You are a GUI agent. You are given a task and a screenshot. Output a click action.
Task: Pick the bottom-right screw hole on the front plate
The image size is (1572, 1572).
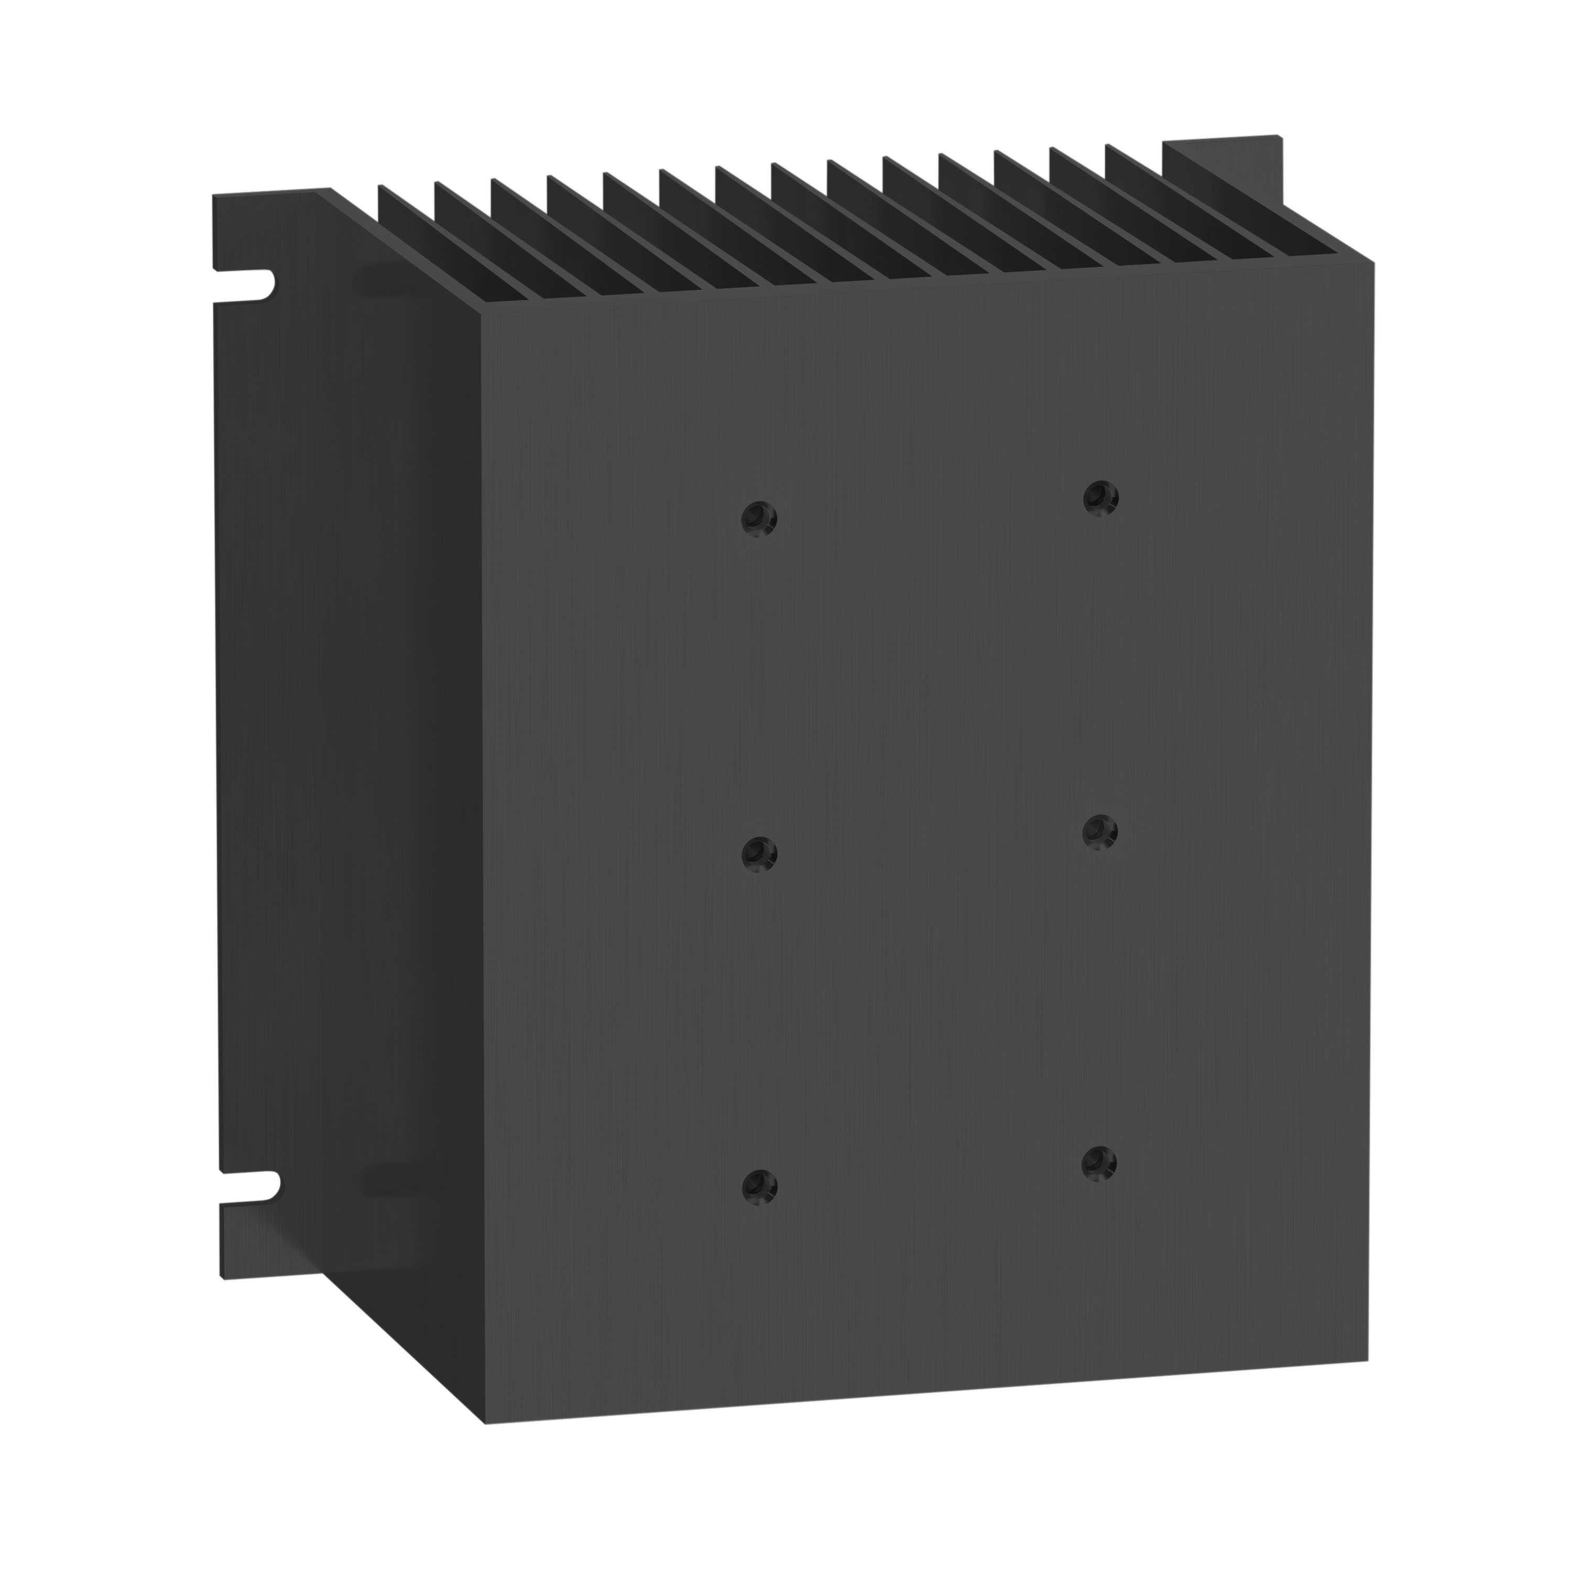click(x=1099, y=1163)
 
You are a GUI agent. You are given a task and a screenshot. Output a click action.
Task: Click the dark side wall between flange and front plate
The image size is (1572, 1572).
click(x=407, y=814)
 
